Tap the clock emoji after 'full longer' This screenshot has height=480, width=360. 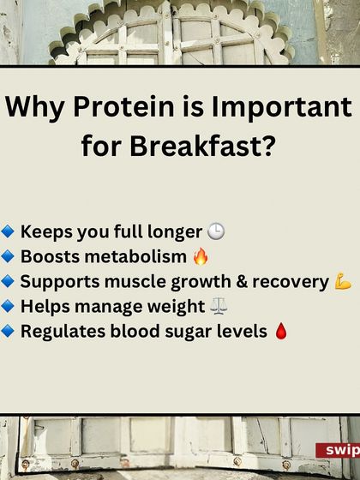click(x=216, y=232)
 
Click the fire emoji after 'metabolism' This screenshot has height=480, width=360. click(x=201, y=257)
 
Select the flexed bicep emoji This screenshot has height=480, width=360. click(x=344, y=282)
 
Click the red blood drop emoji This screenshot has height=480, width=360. click(x=279, y=332)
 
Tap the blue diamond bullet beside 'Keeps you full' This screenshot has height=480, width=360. click(x=8, y=232)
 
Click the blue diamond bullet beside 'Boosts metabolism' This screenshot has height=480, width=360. click(x=8, y=257)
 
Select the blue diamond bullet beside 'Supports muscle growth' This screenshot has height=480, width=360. click(x=8, y=282)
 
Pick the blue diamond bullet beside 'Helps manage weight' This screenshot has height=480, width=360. click(x=8, y=307)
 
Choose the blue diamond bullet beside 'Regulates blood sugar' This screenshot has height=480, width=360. click(x=8, y=332)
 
